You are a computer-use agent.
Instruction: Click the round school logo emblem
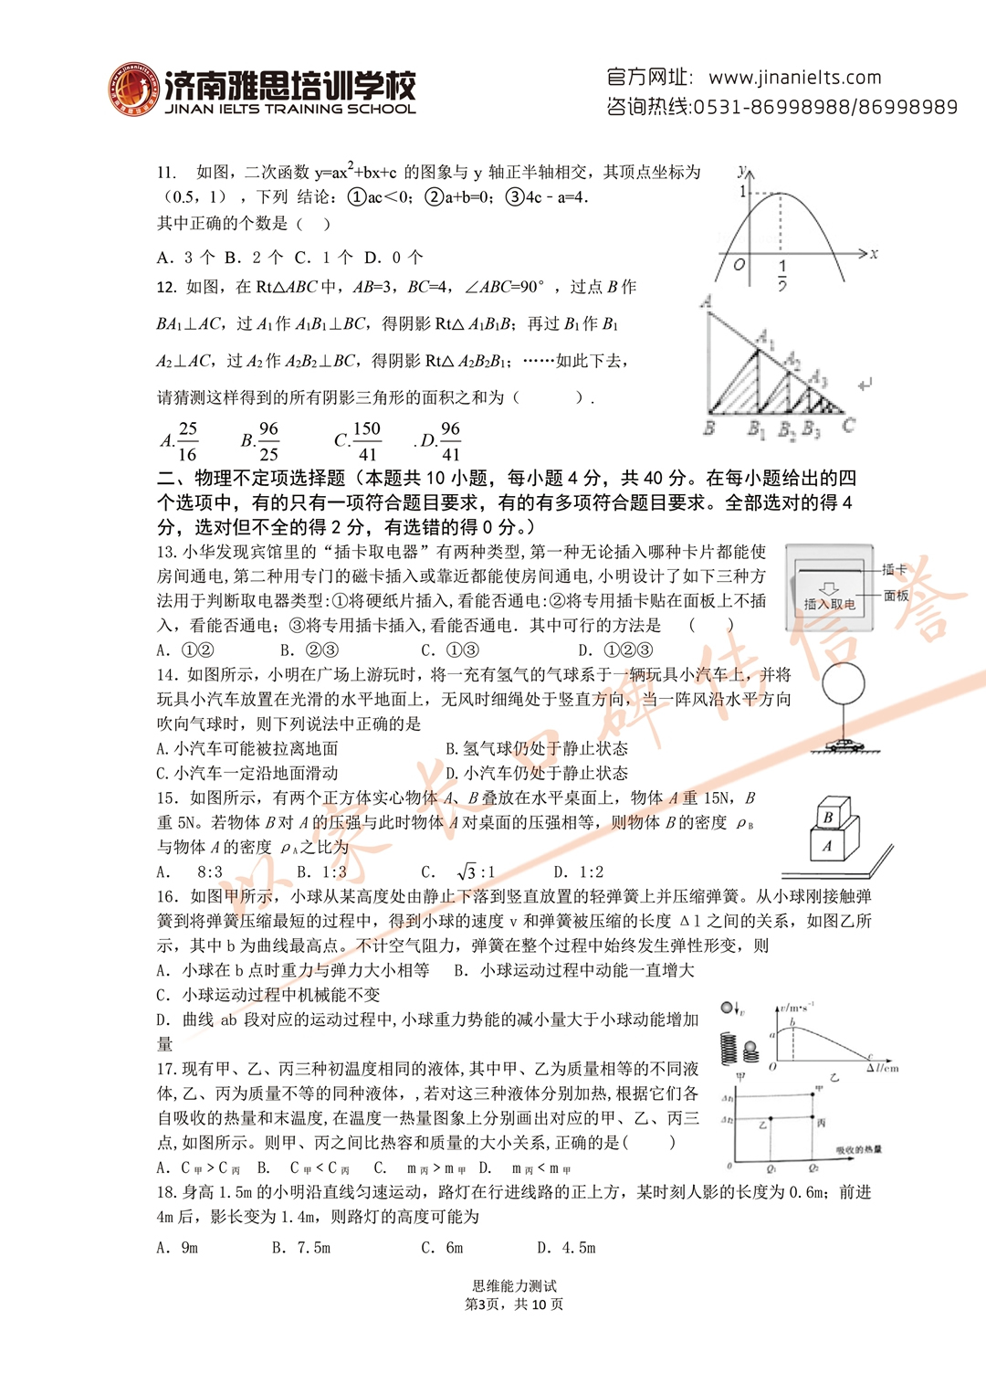pos(133,90)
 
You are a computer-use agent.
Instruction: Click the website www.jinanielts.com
pos(794,78)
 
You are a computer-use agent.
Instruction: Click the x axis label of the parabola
pos(874,254)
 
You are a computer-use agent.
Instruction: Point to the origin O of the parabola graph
pos(739,265)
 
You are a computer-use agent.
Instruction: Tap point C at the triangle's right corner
pos(849,426)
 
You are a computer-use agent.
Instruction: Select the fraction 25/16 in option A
pos(187,441)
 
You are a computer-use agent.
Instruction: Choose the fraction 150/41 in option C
pos(366,441)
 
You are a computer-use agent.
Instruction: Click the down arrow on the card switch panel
pos(829,588)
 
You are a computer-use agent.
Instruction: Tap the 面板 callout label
pos(897,596)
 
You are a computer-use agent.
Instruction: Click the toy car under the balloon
pos(844,745)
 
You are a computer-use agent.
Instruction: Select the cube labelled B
pos(829,816)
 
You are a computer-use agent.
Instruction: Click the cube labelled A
pos(827,846)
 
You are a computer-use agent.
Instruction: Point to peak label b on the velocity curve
pos(792,1022)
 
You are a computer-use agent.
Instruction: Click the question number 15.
pos(167,798)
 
